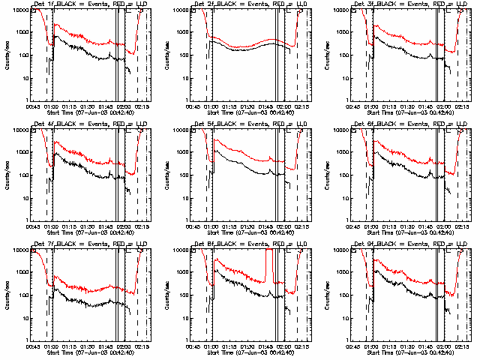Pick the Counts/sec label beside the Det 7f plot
point(7,294)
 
